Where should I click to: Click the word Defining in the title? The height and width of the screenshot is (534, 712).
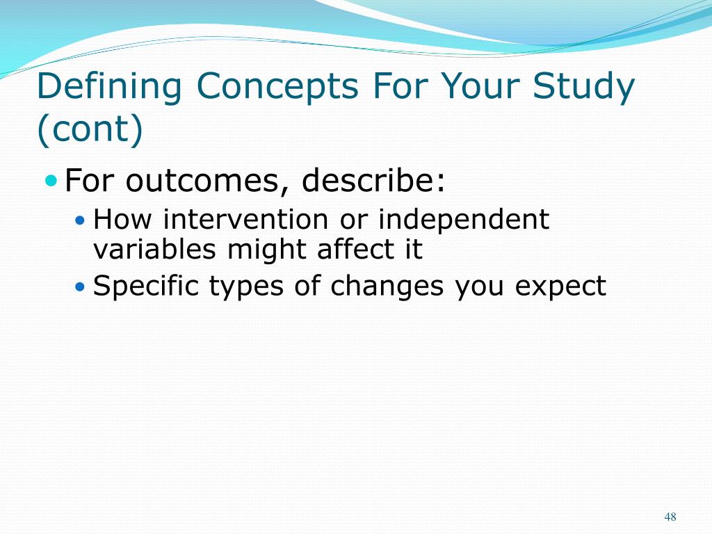109,86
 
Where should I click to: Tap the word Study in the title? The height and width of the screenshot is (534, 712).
583,87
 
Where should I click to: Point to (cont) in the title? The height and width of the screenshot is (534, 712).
90,129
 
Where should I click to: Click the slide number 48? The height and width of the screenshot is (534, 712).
670,517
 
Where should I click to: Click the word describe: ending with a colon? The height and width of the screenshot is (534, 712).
373,180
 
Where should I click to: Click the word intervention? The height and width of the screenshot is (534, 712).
245,219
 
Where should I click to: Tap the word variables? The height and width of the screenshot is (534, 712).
154,250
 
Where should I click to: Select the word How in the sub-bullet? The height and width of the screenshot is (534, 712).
122,219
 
